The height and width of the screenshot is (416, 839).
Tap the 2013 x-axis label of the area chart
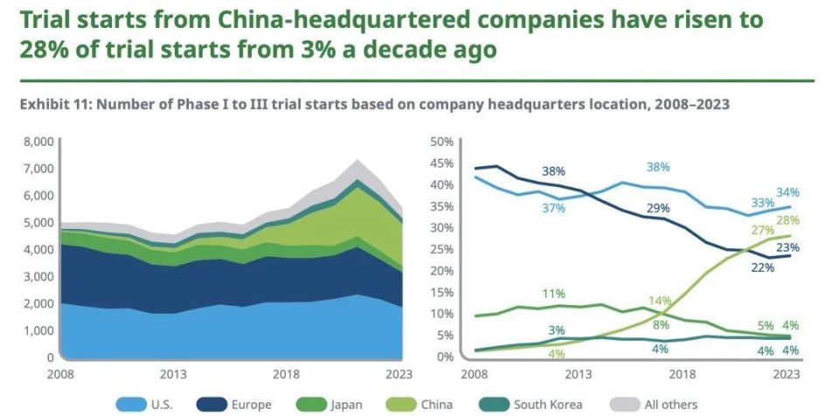[173, 374]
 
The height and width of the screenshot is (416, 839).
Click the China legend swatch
[410, 404]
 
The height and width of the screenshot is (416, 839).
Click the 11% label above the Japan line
[552, 294]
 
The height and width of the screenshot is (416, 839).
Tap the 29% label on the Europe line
[659, 208]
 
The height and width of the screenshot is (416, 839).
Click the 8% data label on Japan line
[661, 325]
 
